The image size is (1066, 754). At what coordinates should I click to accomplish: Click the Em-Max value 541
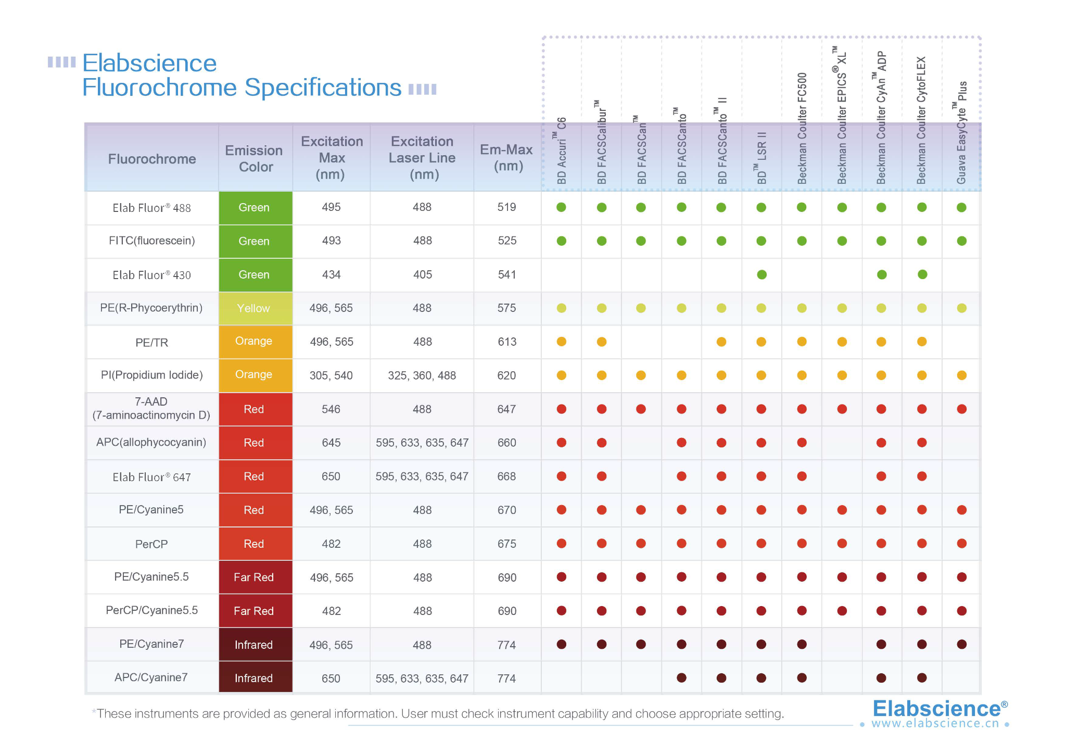506,274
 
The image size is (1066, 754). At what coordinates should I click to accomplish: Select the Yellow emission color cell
254,308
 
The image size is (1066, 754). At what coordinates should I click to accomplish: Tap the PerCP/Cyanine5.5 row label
151,610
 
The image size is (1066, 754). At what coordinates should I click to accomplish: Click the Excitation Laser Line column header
422,158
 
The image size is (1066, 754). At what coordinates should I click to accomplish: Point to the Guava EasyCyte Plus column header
961,133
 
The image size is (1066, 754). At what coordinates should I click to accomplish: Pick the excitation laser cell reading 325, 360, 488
422,375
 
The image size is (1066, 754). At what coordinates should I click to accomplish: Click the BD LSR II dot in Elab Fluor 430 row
762,274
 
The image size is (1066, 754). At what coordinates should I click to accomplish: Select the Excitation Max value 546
331,409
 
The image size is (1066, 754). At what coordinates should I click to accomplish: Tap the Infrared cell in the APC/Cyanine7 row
254,678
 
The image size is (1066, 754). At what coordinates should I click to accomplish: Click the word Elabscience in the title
149,64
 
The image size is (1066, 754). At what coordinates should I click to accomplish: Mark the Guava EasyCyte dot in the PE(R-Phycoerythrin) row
961,308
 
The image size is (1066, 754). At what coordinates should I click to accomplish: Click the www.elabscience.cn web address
935,724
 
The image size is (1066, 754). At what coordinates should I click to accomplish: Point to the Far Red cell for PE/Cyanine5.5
254,577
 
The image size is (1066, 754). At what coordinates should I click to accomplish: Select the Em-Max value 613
506,342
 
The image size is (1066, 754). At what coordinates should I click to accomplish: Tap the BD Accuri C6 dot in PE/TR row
561,342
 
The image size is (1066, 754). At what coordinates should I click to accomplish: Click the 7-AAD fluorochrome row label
151,409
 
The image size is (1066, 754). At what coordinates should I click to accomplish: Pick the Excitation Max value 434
331,274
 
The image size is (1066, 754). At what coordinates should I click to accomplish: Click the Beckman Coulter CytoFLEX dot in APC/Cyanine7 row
922,677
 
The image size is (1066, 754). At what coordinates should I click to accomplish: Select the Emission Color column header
254,158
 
